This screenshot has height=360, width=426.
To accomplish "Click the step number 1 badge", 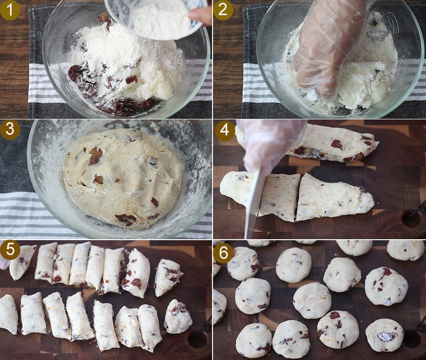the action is pyautogui.click(x=10, y=10).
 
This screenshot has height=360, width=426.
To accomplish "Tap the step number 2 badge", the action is pyautogui.click(x=223, y=10).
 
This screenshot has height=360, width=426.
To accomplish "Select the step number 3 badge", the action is pyautogui.click(x=10, y=130).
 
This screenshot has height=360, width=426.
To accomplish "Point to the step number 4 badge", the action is pyautogui.click(x=224, y=130).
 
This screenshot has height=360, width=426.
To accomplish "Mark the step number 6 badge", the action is pyautogui.click(x=224, y=253).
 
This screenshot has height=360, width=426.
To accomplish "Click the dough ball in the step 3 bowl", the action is pyautogui.click(x=124, y=178).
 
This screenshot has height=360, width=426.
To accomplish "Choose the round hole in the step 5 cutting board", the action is pyautogui.click(x=198, y=339).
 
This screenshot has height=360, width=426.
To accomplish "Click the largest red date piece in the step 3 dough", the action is pyautogui.click(x=125, y=219).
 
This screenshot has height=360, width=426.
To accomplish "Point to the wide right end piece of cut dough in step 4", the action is pyautogui.click(x=334, y=197).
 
